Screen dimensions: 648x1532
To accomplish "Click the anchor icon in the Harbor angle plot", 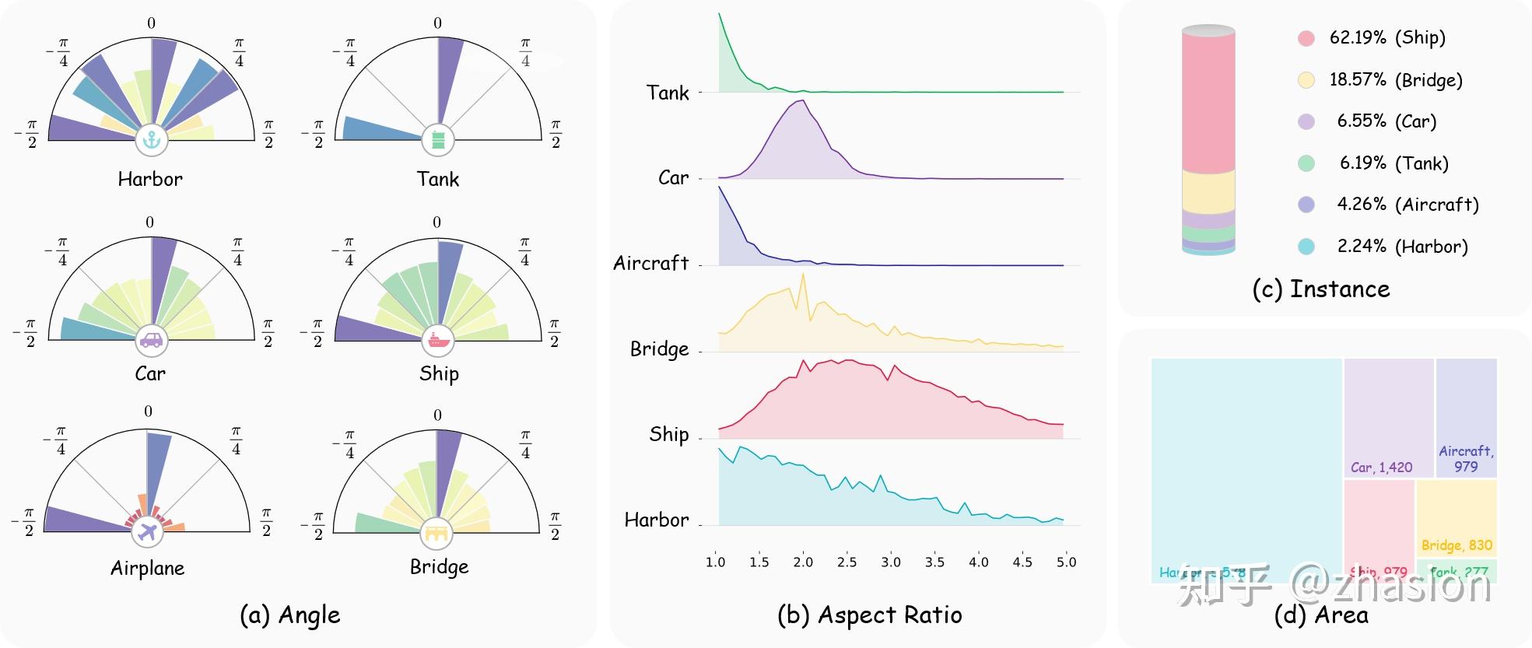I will click(x=152, y=140).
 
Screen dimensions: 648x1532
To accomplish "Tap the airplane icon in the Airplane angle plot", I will click(x=147, y=532).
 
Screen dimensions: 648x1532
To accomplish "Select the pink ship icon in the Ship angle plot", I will click(x=438, y=340).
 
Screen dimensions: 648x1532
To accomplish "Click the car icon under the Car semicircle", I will click(x=151, y=340).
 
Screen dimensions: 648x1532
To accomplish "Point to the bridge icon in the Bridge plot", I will click(x=436, y=533).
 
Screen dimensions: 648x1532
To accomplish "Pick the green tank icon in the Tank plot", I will click(x=438, y=140).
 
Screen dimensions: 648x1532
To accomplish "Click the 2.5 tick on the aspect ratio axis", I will click(x=847, y=562).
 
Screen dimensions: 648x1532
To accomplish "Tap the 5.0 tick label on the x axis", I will click(x=1066, y=562).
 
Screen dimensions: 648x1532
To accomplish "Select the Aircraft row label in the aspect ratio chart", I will click(x=650, y=263).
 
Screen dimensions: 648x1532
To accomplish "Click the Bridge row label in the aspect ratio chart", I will click(x=659, y=349).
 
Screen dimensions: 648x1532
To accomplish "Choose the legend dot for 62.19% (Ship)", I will click(x=1306, y=38).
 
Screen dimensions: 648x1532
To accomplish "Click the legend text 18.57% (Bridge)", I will click(x=1396, y=79).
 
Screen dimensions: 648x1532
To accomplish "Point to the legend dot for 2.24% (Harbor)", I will click(x=1306, y=247).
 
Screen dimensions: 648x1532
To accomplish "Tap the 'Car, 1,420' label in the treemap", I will click(x=1381, y=467).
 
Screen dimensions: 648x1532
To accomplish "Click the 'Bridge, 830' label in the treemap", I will click(x=1457, y=545).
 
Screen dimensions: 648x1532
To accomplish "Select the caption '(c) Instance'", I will click(x=1320, y=289).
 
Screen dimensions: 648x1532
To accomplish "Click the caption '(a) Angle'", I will click(x=289, y=615).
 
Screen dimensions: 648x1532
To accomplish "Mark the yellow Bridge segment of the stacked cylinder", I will click(x=1208, y=191).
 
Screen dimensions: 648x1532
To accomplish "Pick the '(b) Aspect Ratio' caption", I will click(x=869, y=615).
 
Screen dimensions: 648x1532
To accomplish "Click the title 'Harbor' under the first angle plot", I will click(x=150, y=179).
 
